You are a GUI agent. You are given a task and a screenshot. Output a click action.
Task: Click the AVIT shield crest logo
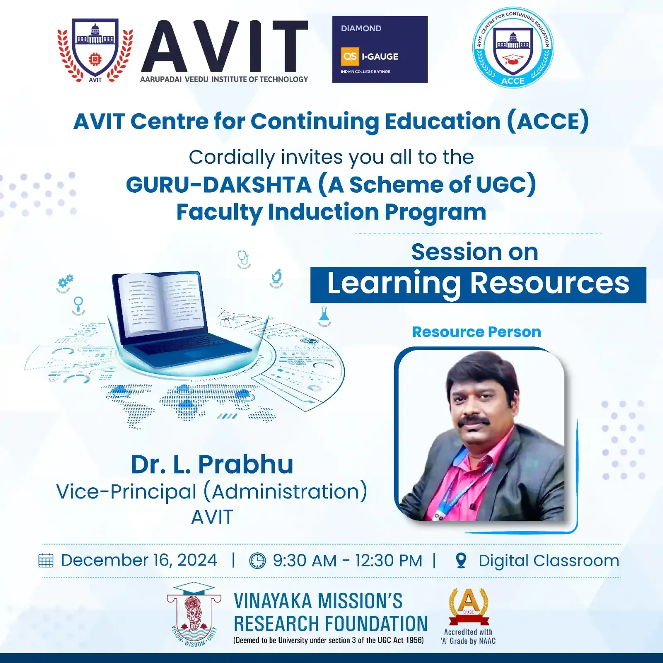click(95, 50)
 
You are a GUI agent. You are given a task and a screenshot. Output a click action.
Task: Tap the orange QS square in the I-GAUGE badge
click(350, 56)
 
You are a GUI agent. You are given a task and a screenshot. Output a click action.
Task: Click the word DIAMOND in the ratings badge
click(361, 28)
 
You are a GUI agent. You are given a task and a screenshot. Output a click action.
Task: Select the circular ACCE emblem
click(513, 47)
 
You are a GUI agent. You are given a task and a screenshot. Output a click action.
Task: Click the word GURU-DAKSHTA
click(218, 185)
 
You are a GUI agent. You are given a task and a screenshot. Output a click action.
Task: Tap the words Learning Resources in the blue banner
click(478, 283)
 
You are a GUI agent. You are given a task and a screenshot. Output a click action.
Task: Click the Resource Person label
click(477, 332)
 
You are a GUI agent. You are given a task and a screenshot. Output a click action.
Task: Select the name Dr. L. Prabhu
click(212, 464)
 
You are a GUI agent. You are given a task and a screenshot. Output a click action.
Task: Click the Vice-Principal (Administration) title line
click(212, 492)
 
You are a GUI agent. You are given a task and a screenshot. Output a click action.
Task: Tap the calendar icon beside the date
click(46, 561)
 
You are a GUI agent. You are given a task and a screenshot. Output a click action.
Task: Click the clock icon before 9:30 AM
click(257, 561)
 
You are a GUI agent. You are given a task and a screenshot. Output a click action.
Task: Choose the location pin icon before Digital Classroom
click(461, 561)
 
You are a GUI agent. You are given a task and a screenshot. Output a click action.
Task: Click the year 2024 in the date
click(197, 560)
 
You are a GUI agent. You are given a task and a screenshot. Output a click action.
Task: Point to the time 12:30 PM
click(388, 561)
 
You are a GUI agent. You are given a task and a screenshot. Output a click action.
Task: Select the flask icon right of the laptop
click(324, 317)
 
